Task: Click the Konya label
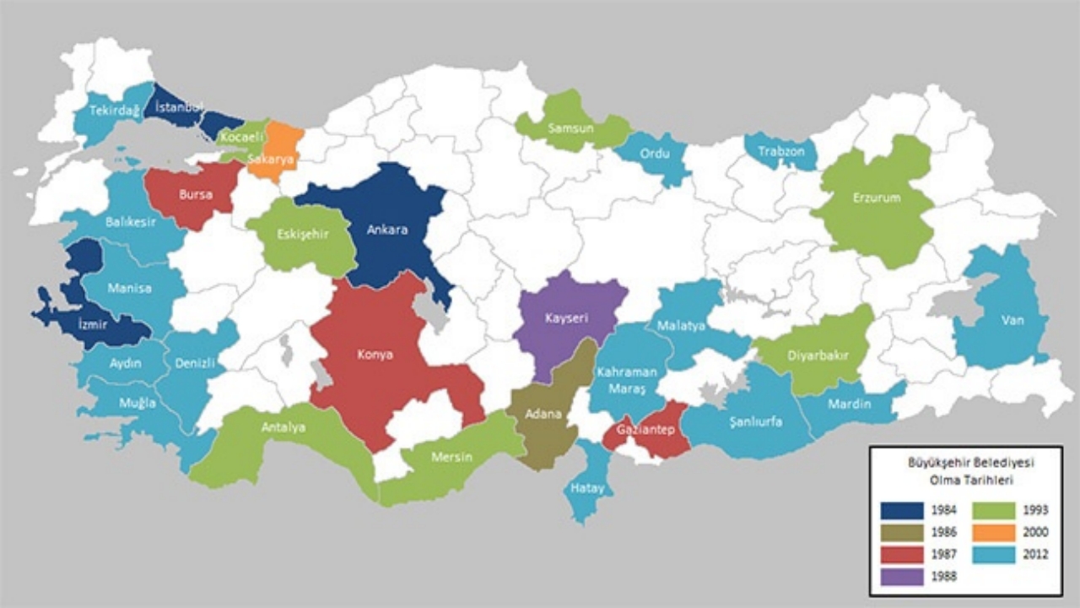pyautogui.click(x=375, y=355)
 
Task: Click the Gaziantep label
pyautogui.click(x=644, y=429)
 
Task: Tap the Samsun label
pyautogui.click(x=572, y=128)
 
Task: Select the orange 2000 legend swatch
pyautogui.click(x=996, y=532)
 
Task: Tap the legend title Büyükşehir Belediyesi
pyautogui.click(x=966, y=464)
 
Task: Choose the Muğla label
pyautogui.click(x=137, y=403)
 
